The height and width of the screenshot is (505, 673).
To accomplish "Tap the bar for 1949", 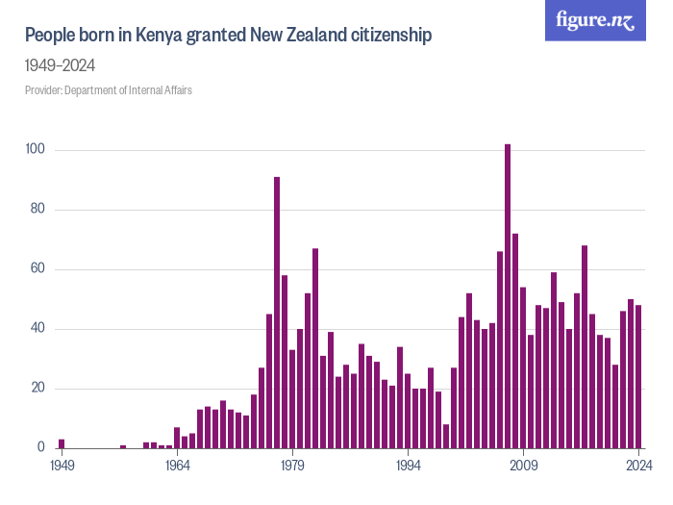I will click(62, 443).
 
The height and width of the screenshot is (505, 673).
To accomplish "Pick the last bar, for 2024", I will click(638, 376).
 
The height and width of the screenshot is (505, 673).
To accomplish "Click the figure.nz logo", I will click(595, 20).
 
